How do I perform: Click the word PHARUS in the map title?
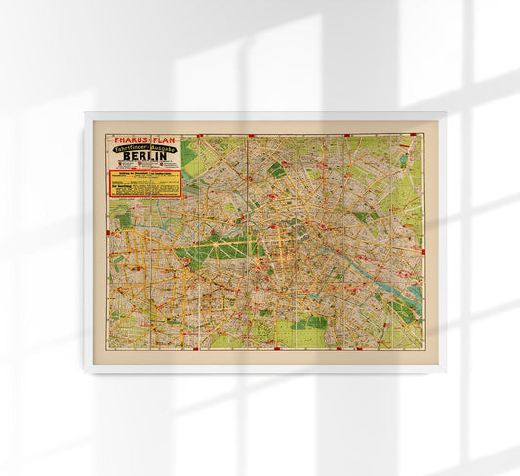133,139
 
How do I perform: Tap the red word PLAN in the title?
166,139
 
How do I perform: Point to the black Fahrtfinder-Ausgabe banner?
145,149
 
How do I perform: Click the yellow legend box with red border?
144,183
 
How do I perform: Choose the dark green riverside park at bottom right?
400,312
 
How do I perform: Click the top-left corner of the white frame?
85,112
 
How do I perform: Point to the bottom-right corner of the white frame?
446,372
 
